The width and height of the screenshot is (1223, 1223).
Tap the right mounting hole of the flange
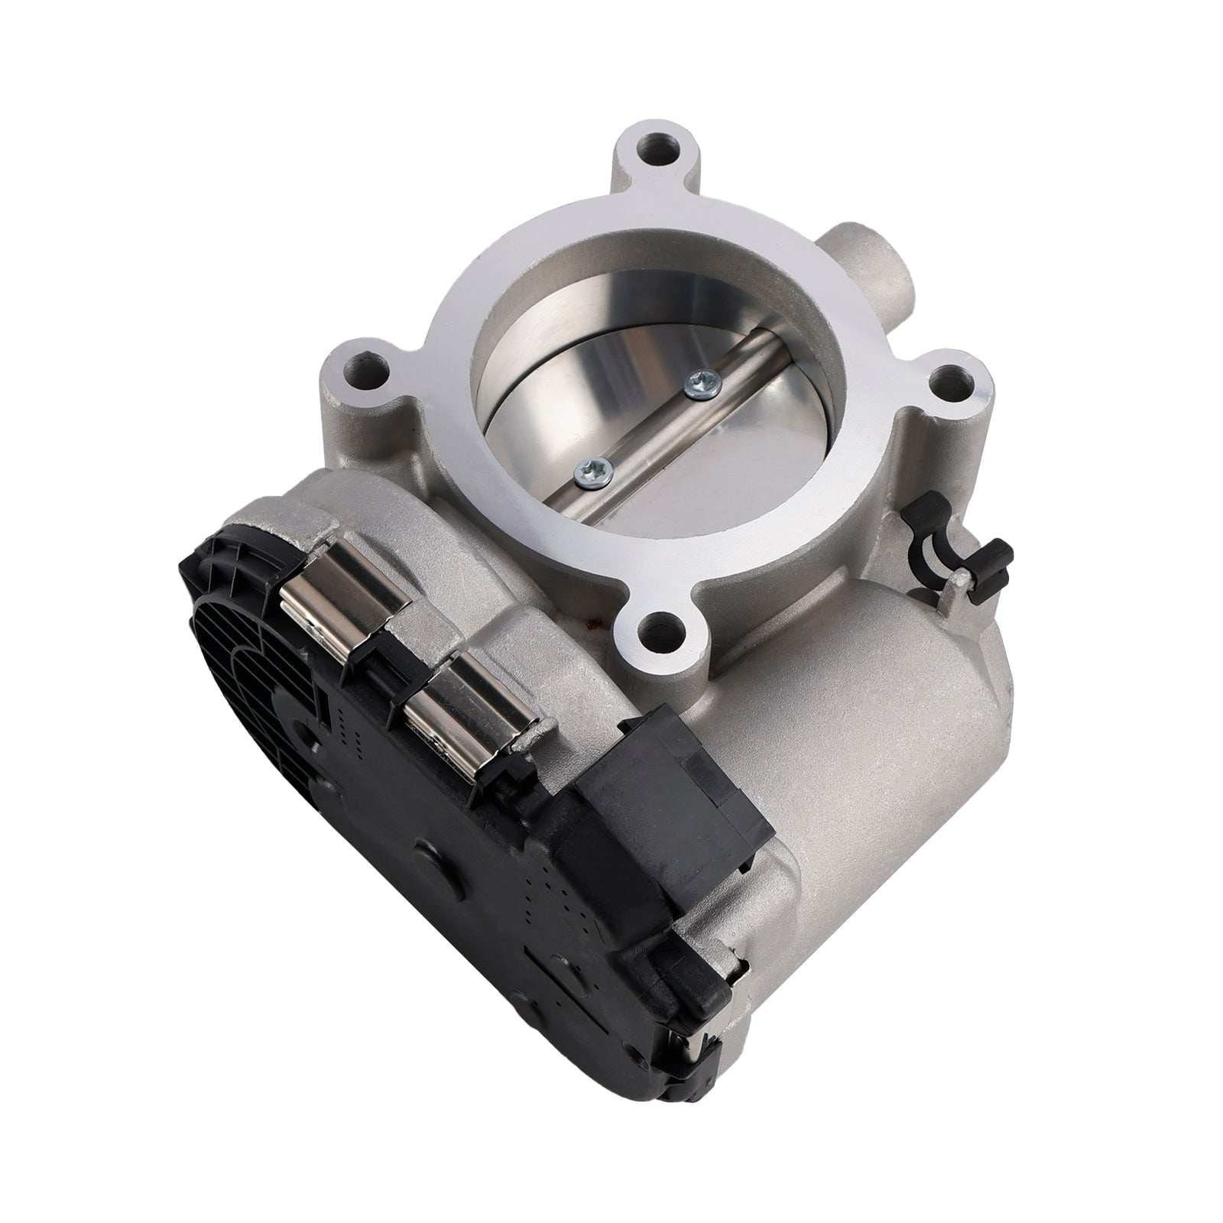click(952, 379)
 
